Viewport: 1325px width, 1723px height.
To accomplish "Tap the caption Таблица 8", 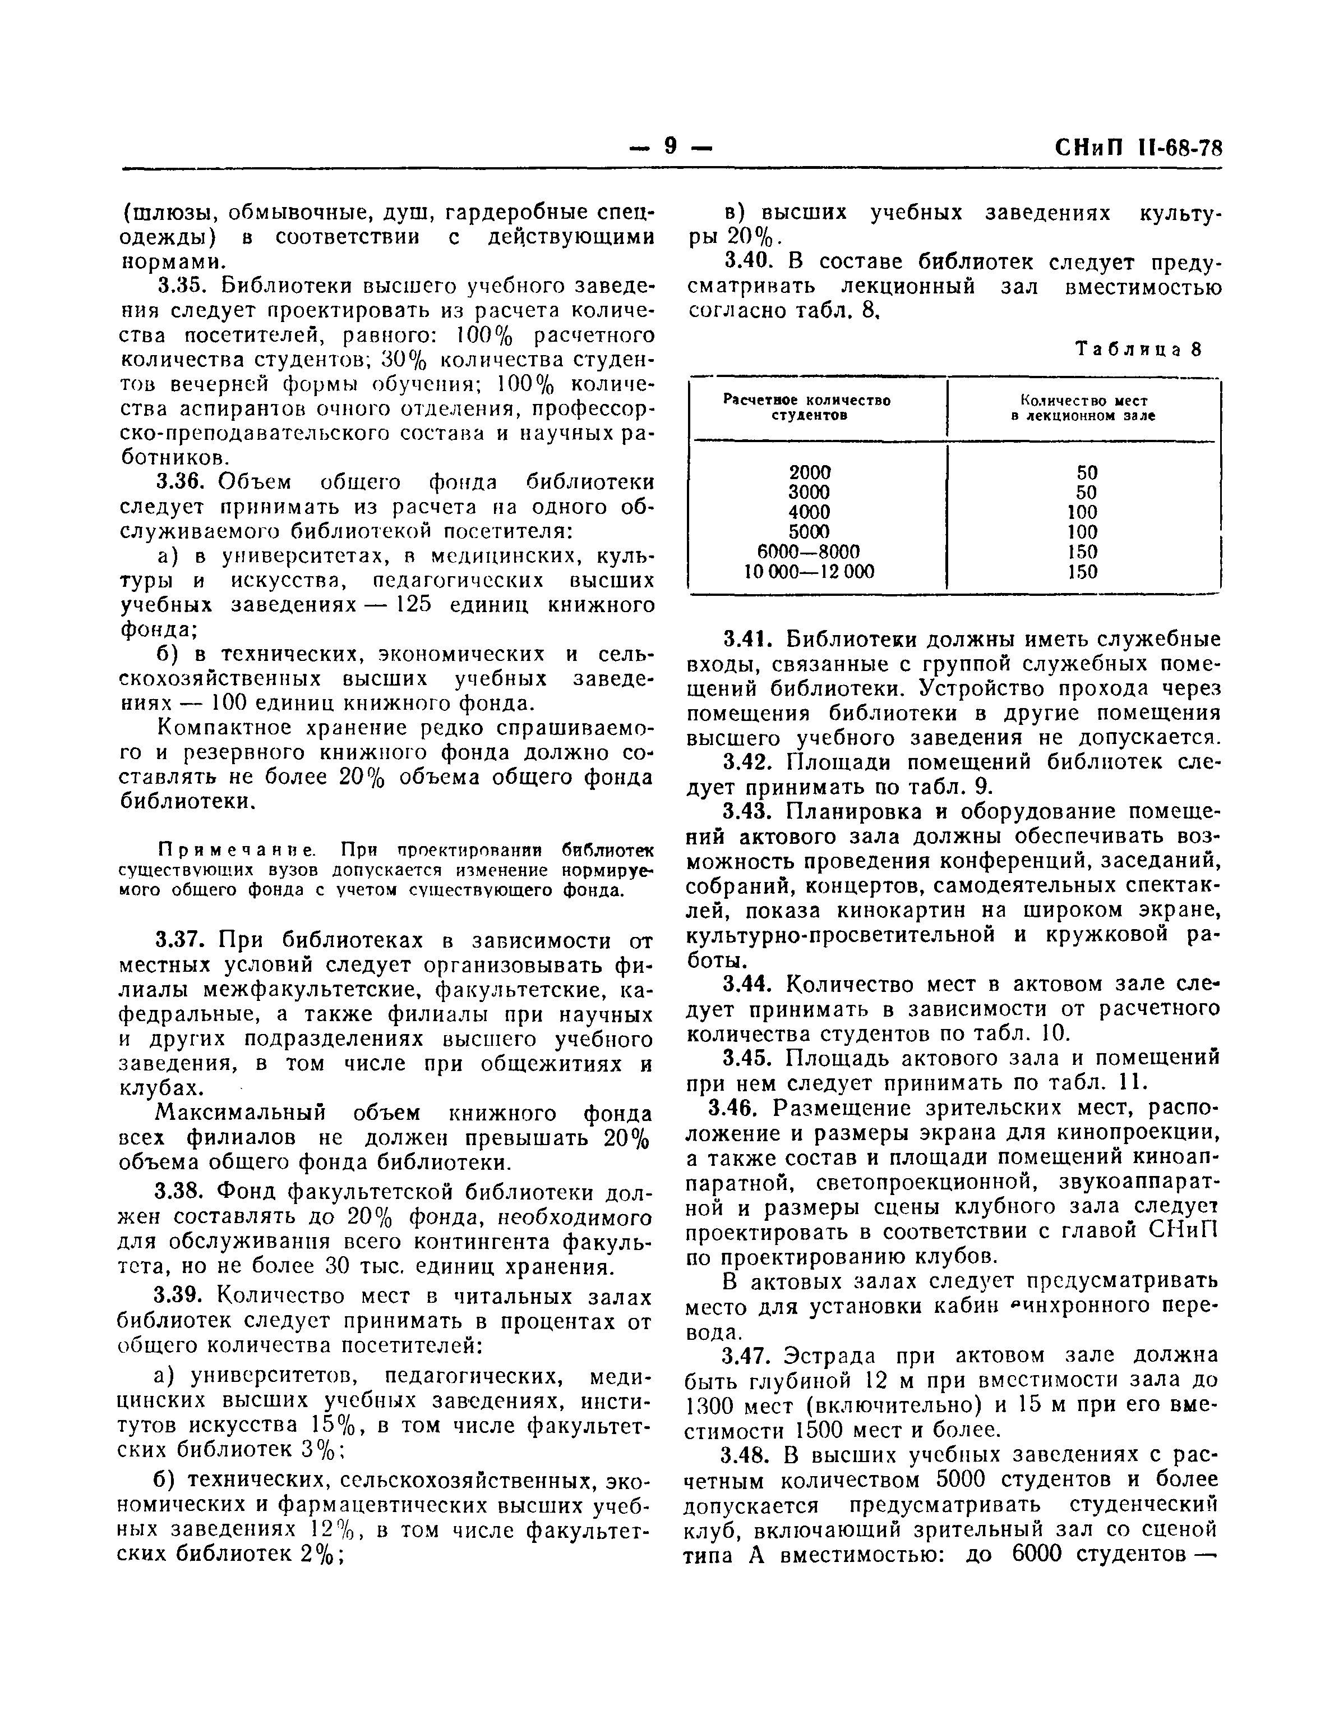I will tap(1139, 350).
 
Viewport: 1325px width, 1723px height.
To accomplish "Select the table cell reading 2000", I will tap(810, 472).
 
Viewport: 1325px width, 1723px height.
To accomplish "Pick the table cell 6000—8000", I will tap(810, 550).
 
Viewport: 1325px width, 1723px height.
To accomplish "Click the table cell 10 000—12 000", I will tap(810, 571).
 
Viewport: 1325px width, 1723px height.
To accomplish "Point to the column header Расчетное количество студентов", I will tap(807, 407).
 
